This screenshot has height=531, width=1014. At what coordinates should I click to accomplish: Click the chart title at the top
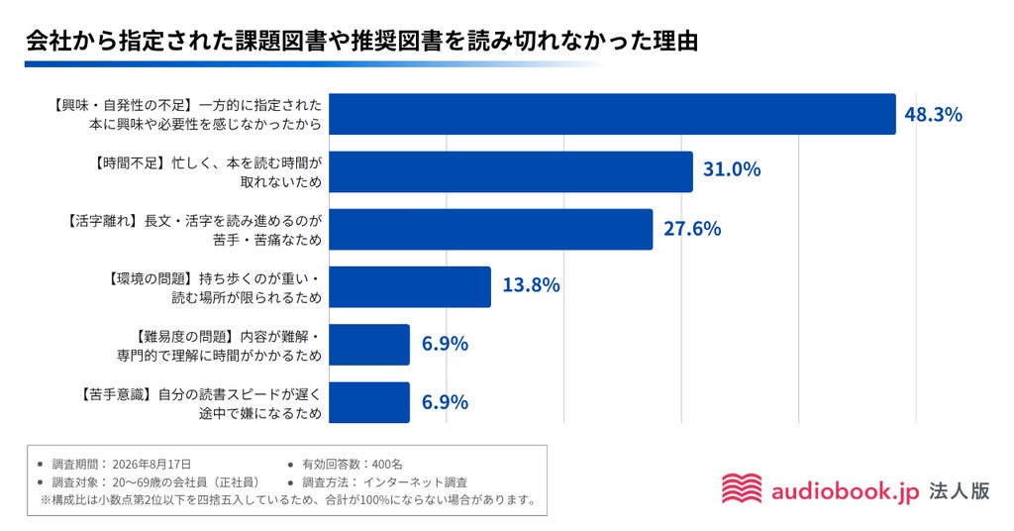click(362, 41)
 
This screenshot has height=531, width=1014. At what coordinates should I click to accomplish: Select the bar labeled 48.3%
click(612, 114)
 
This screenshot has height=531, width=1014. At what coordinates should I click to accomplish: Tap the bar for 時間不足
click(511, 171)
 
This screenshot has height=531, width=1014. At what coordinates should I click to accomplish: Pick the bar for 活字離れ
click(491, 229)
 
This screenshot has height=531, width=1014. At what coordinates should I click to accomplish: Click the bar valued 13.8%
click(410, 286)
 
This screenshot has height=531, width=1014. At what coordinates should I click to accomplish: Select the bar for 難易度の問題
click(369, 345)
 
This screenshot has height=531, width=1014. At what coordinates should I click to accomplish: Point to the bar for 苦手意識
click(369, 402)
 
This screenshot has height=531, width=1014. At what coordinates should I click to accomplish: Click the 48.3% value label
click(933, 115)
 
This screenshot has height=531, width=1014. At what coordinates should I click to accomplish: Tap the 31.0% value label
click(732, 169)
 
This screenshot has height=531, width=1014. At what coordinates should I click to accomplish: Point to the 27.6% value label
click(692, 228)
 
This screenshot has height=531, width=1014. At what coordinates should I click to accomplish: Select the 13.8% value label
click(531, 285)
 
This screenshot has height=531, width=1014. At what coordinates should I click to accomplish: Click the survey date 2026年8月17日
click(152, 465)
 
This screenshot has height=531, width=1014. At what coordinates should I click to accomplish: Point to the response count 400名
click(387, 465)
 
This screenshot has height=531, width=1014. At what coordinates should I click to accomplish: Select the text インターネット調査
click(415, 482)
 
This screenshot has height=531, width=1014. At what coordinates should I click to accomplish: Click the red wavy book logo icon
click(742, 488)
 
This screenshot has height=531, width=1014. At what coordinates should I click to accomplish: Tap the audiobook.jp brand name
click(846, 491)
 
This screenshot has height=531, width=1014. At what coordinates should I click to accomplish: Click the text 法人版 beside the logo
click(960, 491)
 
